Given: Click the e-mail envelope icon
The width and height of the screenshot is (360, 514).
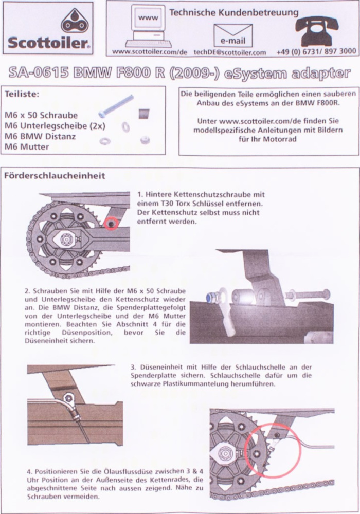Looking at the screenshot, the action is [x=233, y=35].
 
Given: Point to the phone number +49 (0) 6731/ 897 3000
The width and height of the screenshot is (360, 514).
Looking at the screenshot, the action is [x=316, y=51].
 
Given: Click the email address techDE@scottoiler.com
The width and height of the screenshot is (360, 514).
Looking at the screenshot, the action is [x=229, y=52].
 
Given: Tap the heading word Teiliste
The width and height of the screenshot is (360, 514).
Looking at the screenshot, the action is [x=22, y=94].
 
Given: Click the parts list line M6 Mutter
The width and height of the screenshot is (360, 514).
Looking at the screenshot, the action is [x=27, y=147].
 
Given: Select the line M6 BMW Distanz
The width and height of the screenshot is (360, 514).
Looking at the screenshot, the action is [x=40, y=136].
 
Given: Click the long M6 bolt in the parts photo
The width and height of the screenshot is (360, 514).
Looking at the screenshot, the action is [x=116, y=105].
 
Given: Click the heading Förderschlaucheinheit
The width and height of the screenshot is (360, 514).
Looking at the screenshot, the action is [x=55, y=176].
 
